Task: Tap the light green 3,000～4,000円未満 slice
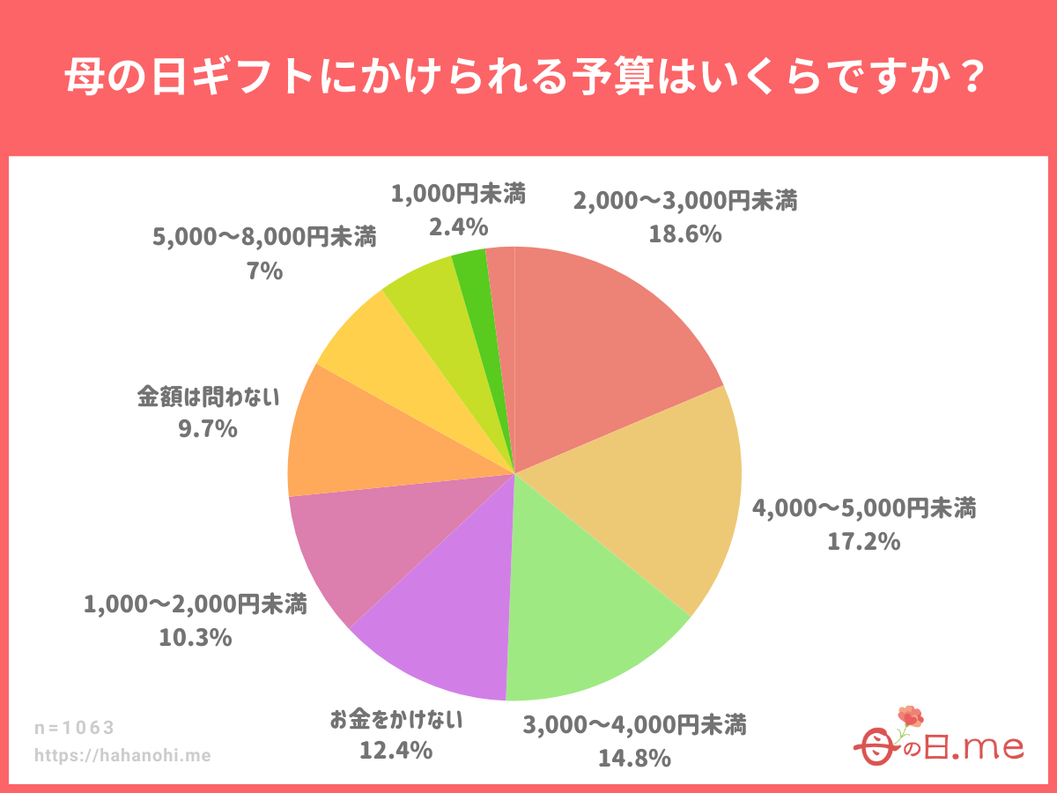click(x=581, y=617)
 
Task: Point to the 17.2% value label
click(x=863, y=540)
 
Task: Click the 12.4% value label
click(x=395, y=751)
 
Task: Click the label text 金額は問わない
click(x=208, y=396)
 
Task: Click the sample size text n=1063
click(x=75, y=728)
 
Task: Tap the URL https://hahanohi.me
click(x=122, y=755)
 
